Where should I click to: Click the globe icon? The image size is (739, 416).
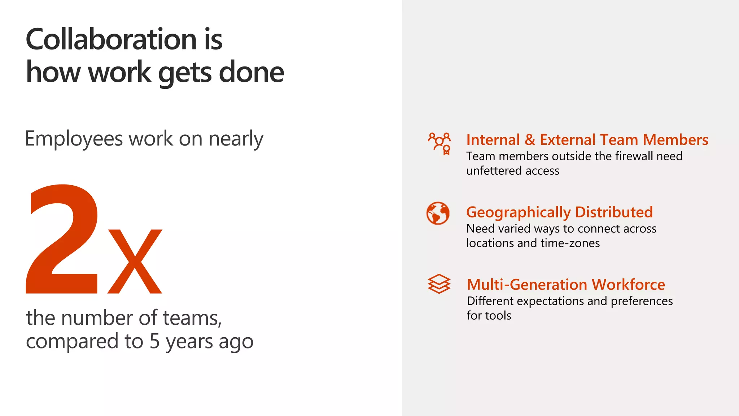438,213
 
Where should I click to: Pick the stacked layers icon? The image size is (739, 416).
439,284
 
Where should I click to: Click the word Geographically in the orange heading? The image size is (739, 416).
519,212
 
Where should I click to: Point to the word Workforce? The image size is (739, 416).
628,285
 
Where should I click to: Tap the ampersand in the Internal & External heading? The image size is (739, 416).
530,140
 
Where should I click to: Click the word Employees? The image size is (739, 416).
74,139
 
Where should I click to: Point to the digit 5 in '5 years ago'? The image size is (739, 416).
154,341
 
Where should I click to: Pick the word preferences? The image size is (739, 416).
642,301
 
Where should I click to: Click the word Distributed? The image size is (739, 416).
614,212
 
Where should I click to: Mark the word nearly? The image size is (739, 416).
236,139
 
